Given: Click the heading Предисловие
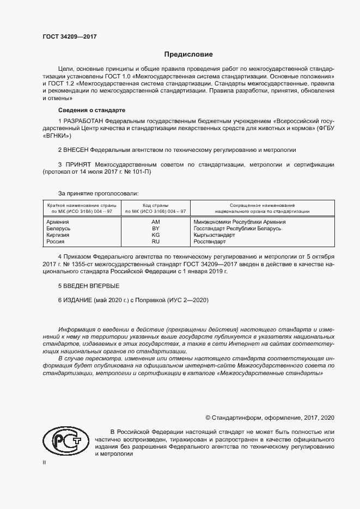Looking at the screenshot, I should point(188,54).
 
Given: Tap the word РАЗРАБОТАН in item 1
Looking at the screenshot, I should point(83,120).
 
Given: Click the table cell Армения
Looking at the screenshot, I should point(58,222).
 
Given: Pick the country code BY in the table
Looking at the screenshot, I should point(155,229).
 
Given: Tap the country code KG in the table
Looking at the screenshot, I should point(155,235).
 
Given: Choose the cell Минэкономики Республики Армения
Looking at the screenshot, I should point(240,222).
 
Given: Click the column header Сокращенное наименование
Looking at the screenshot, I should point(262,205).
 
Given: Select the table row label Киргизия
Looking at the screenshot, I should point(58,235).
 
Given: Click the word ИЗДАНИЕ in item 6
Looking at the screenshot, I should point(78,300).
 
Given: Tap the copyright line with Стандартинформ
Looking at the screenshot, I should point(270,418).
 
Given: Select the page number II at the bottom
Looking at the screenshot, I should point(45,462).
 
